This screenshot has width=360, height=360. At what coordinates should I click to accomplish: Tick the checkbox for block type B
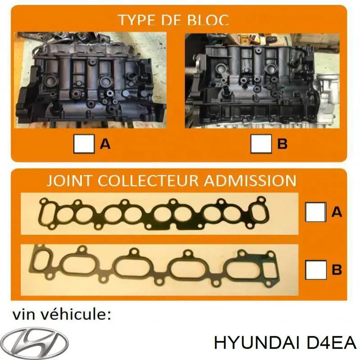[261, 144]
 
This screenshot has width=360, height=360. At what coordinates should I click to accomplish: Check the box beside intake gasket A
[315, 211]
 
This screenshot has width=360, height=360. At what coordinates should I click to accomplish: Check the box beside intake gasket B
[315, 270]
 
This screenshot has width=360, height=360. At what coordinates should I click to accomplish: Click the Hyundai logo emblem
[34, 340]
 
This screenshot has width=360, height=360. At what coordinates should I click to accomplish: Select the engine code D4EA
[332, 343]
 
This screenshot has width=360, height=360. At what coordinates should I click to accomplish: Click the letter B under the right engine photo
[282, 144]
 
